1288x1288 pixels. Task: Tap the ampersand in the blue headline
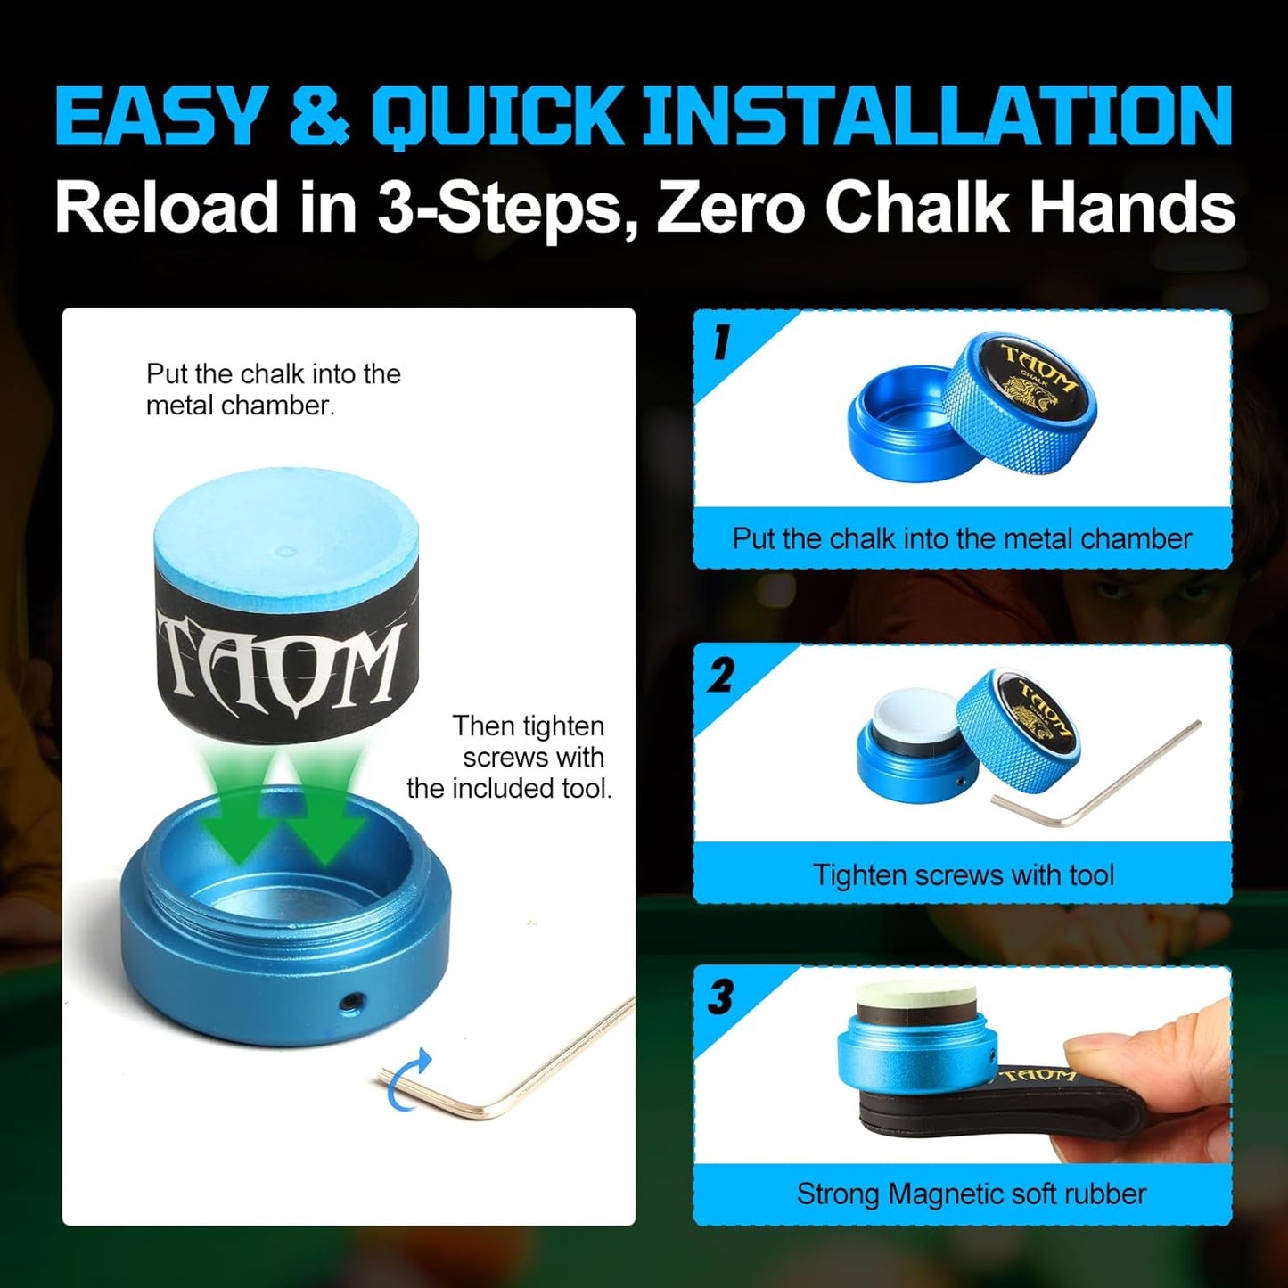(319, 116)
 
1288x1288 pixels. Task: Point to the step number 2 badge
(720, 676)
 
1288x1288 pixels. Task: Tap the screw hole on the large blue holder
(350, 1003)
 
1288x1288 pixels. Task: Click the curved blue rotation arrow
(412, 1078)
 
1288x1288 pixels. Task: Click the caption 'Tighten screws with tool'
(963, 874)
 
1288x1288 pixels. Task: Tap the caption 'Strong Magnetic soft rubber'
(971, 1194)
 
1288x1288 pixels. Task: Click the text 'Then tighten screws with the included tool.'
(517, 757)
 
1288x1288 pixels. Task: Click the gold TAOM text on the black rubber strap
(1038, 1076)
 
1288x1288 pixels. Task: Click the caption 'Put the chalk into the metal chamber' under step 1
(962, 538)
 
